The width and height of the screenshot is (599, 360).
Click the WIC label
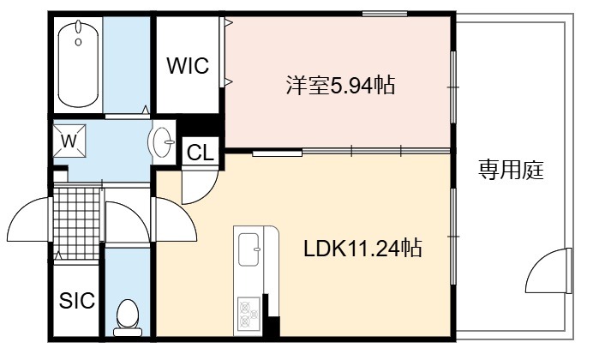188,66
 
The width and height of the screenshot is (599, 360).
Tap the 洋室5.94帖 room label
340,85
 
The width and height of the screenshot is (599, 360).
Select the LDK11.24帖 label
362,249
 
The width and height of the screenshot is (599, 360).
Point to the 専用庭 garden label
511,170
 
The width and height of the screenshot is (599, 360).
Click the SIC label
77,300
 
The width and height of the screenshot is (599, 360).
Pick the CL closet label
200,153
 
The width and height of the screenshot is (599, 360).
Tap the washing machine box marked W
69,141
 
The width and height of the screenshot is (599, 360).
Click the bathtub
78,64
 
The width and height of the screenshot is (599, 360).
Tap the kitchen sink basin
249,249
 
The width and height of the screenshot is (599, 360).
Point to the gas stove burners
249,314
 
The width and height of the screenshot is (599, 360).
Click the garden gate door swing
549,271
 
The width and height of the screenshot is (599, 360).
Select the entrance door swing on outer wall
29,219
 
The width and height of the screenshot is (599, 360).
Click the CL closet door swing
200,187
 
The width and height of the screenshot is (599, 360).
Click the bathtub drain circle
78,42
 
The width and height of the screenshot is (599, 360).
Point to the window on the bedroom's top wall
385,14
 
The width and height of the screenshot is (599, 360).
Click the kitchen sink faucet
257,249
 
